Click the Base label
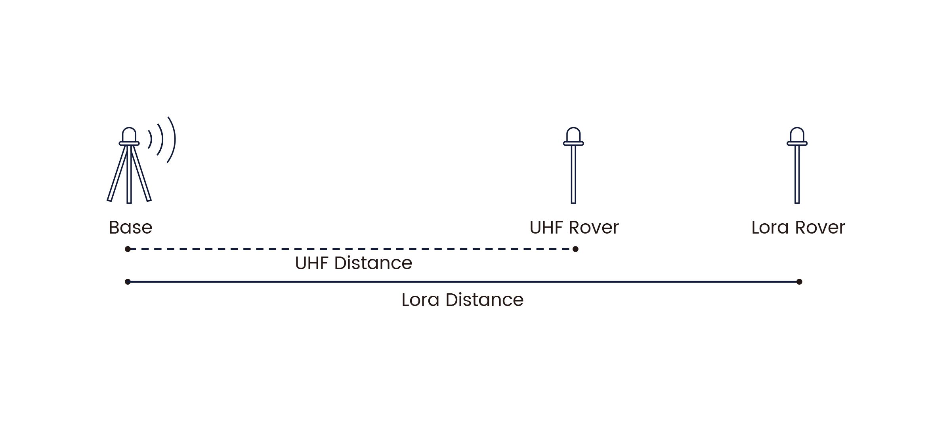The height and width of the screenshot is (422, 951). (130, 228)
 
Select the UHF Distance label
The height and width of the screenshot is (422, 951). (353, 263)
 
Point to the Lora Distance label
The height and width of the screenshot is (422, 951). (462, 300)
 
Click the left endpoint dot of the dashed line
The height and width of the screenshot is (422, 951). (128, 249)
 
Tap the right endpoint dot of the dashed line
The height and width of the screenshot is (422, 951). (575, 249)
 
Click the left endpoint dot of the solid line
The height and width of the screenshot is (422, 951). (128, 282)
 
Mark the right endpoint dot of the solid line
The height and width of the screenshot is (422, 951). (799, 282)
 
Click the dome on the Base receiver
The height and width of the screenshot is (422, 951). (129, 135)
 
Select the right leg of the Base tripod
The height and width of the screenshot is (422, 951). (141, 175)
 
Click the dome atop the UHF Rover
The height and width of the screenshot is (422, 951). (573, 135)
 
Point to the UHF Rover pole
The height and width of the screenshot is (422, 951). (573, 174)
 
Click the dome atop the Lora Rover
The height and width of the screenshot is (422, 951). (797, 135)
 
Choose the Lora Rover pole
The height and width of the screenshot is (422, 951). (797, 174)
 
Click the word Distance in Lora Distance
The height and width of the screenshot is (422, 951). (484, 300)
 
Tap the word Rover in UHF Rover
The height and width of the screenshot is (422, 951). (594, 228)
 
